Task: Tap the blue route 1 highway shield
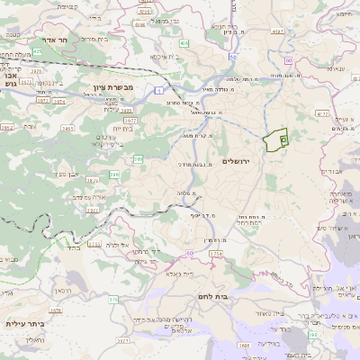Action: coord(159,90)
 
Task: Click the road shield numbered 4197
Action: coord(277,31)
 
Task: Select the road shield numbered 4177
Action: coord(322,114)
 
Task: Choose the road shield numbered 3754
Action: coord(215,255)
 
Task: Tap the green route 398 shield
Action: coord(312,334)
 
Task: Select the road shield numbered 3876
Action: coord(56,310)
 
